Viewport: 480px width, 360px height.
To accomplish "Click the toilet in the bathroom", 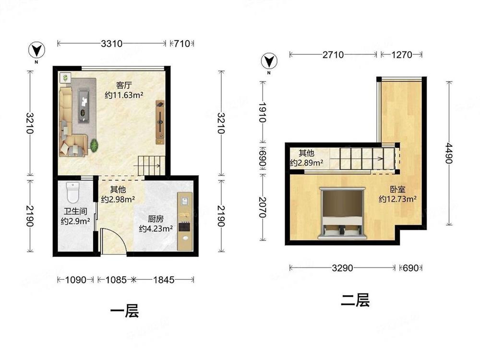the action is pos(73,192).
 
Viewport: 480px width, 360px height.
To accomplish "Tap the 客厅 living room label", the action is pos(124,85).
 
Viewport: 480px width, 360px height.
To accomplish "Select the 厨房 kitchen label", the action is pos(156,219).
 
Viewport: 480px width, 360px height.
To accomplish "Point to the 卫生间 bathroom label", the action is pos(75,212).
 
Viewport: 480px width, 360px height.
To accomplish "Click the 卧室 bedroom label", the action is pos(397,190).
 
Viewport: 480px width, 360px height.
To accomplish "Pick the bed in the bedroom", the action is pos(342,213).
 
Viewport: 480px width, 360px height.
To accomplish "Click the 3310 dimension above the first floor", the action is pos(112,44).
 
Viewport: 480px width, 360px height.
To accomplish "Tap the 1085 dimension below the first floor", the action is pos(116,279).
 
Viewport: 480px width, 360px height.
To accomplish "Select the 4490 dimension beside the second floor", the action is pos(449,153).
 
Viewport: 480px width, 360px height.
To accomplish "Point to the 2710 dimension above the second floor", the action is pos(333,55).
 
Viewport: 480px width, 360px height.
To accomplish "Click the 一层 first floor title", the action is pos(124,311).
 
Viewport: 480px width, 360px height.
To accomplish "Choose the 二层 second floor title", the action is pos(355,300).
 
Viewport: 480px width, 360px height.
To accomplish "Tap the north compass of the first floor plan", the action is pos(37,50).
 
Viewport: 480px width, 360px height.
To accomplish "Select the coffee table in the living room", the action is pos(84,106).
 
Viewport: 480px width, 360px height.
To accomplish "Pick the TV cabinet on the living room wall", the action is pos(160,122).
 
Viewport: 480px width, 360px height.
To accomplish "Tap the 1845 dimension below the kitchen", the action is pos(164,279).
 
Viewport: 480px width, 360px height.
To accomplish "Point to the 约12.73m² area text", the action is pos(397,199).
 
